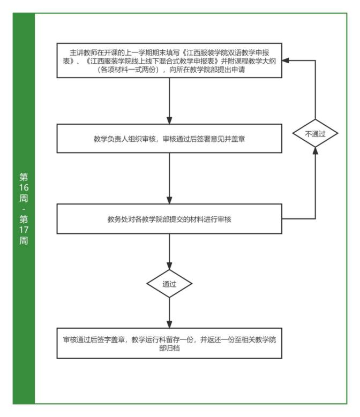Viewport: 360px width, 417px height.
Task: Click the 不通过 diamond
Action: [x=315, y=134]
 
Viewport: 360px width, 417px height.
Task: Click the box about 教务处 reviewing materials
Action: [x=169, y=218]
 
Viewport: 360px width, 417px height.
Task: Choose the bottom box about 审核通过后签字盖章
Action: [x=169, y=344]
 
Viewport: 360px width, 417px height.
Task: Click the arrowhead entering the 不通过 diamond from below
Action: [x=315, y=152]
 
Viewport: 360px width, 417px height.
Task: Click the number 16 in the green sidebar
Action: [x=23, y=187]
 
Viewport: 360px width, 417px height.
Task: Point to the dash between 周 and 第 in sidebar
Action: [x=23, y=208]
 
